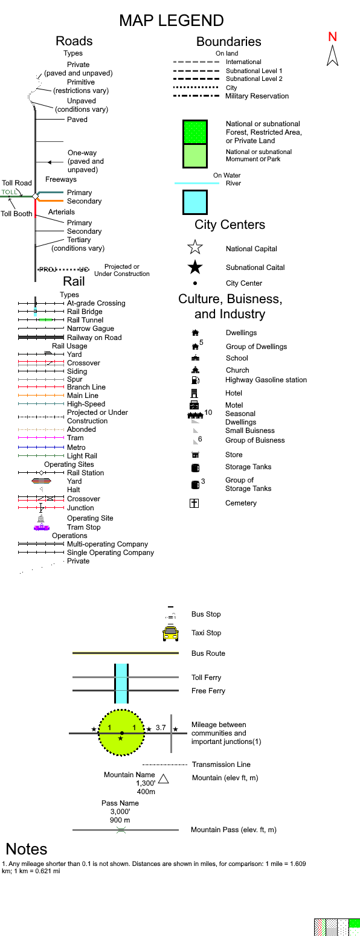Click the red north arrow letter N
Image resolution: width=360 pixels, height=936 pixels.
332,36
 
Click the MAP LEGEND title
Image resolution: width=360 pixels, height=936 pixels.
171,21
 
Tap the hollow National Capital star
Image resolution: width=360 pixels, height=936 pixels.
195,248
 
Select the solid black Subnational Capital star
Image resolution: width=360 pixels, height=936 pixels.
195,267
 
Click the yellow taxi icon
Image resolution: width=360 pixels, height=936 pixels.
170,633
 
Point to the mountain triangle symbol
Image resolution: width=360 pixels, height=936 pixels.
163,779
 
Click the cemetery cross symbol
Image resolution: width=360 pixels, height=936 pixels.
194,503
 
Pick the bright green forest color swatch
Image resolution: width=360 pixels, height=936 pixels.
195,132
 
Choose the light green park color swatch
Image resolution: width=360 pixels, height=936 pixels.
195,156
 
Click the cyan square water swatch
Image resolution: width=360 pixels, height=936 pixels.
195,202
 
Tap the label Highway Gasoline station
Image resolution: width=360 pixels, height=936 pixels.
266,380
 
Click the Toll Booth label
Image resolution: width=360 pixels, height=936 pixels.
16,214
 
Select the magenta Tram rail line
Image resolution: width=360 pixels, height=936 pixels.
40,438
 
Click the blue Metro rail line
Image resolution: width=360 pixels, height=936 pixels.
40,447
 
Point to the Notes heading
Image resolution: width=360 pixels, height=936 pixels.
27,849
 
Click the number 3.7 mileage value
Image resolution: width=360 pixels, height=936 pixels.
160,728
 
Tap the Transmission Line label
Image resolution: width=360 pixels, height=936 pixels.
221,765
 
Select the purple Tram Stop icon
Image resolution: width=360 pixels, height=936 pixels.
41,527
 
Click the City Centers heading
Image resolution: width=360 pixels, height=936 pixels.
230,225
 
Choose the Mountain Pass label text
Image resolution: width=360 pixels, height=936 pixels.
233,830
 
